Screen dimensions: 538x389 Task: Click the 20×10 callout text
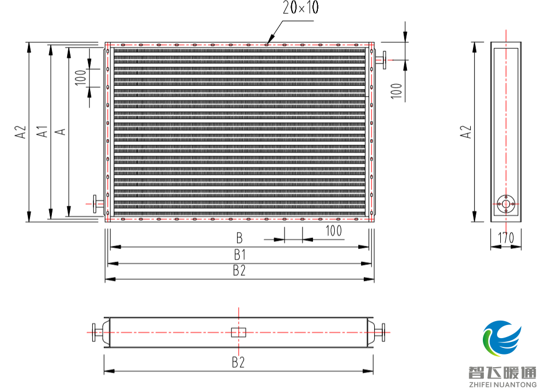click(x=300, y=8)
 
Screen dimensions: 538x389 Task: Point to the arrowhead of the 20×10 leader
click(x=269, y=40)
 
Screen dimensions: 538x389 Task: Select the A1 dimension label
click(x=42, y=132)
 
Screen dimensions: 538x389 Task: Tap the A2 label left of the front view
click(x=21, y=132)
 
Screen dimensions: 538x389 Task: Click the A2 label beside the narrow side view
click(x=465, y=132)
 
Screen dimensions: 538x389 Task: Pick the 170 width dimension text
click(x=506, y=238)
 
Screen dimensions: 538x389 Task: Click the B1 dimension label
click(x=240, y=255)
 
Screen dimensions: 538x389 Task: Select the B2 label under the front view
click(x=239, y=270)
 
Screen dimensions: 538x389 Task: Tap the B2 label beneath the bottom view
click(x=238, y=362)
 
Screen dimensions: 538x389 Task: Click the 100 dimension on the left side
click(x=81, y=78)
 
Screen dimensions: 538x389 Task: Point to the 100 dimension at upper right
click(x=397, y=91)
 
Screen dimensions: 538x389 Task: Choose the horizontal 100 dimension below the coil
click(x=334, y=231)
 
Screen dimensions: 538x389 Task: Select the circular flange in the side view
click(x=506, y=204)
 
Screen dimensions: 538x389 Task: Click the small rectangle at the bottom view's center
click(x=239, y=332)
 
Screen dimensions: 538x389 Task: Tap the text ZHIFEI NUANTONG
click(x=502, y=384)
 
